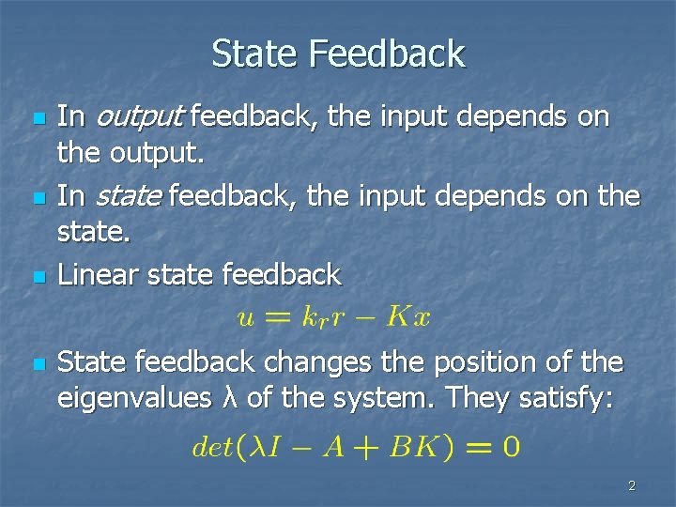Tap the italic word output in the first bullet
[x=137, y=117]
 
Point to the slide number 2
[x=631, y=485]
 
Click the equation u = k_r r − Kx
[x=333, y=317]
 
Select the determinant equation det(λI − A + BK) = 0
[x=354, y=445]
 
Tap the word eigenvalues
[x=134, y=398]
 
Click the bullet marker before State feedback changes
[x=37, y=363]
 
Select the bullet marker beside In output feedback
[x=37, y=120]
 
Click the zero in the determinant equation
[x=508, y=445]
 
